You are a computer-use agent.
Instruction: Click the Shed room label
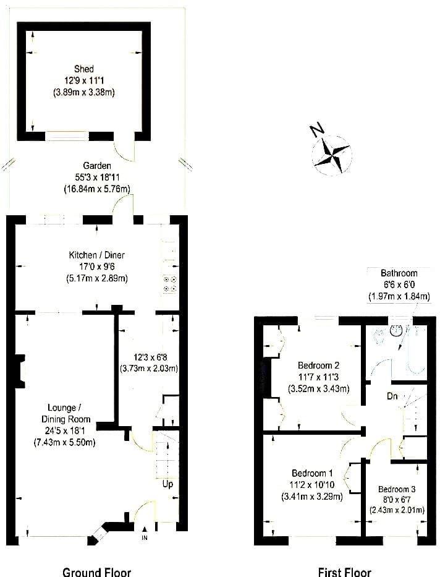tap(84, 69)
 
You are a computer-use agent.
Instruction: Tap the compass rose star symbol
tap(332, 155)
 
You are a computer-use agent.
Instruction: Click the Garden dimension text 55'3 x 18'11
tap(97, 177)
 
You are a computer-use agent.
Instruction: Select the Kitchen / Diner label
tap(96, 255)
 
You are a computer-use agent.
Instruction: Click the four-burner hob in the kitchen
tap(170, 284)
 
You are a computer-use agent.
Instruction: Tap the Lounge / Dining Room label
tap(66, 413)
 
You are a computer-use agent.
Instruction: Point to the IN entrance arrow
tap(145, 529)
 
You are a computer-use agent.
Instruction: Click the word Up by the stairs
tap(167, 484)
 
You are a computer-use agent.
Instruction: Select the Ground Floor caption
tap(96, 571)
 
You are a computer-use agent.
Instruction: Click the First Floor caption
tap(344, 571)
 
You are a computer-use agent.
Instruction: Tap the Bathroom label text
tap(399, 273)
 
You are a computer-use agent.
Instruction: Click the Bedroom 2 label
tap(318, 365)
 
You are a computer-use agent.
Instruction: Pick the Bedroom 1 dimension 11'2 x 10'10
tap(312, 485)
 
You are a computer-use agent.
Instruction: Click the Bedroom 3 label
tap(397, 489)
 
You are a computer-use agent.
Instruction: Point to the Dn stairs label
tap(392, 396)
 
